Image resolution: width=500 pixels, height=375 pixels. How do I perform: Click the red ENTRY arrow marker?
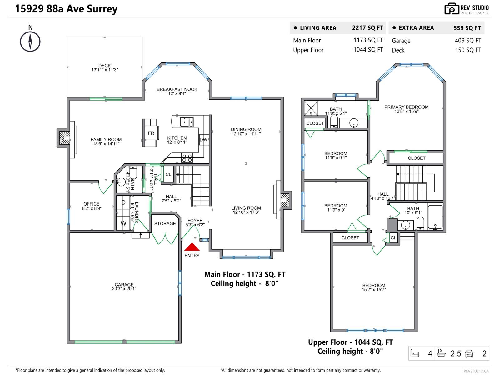pyautogui.click(x=192, y=247)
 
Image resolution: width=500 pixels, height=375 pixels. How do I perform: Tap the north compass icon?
pyautogui.click(x=30, y=42)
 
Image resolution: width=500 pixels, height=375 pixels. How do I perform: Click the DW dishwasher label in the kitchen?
pyautogui.click(x=203, y=140)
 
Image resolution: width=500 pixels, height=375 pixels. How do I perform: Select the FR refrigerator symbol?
pyautogui.click(x=151, y=133)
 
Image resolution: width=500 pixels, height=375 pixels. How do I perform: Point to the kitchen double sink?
pyautogui.click(x=186, y=122)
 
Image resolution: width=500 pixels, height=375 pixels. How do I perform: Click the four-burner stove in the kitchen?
pyautogui.click(x=187, y=158)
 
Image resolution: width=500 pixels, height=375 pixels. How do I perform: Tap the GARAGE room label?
pyautogui.click(x=124, y=285)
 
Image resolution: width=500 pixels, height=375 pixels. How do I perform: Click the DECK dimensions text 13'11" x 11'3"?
pyautogui.click(x=104, y=70)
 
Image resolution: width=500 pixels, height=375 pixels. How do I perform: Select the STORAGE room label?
pyautogui.click(x=165, y=224)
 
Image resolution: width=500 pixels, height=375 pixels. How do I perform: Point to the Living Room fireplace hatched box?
pyautogui.click(x=285, y=200)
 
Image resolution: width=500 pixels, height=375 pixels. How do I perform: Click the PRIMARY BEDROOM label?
pyautogui.click(x=406, y=107)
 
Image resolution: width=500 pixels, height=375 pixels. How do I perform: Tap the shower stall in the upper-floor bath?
pyautogui.click(x=311, y=108)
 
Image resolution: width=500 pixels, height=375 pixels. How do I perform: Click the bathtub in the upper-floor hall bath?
pyautogui.click(x=435, y=217)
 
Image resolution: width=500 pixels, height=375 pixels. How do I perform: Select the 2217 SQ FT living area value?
pyautogui.click(x=367, y=28)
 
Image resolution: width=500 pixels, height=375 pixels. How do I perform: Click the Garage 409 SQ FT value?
pyautogui.click(x=468, y=40)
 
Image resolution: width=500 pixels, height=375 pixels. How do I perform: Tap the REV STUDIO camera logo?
pyautogui.click(x=451, y=9)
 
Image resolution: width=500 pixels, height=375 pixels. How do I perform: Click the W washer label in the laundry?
pyautogui.click(x=123, y=223)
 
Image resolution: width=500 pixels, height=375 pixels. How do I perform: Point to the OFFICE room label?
pyautogui.click(x=91, y=204)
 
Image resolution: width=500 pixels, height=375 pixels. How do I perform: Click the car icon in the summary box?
pyautogui.click(x=469, y=353)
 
